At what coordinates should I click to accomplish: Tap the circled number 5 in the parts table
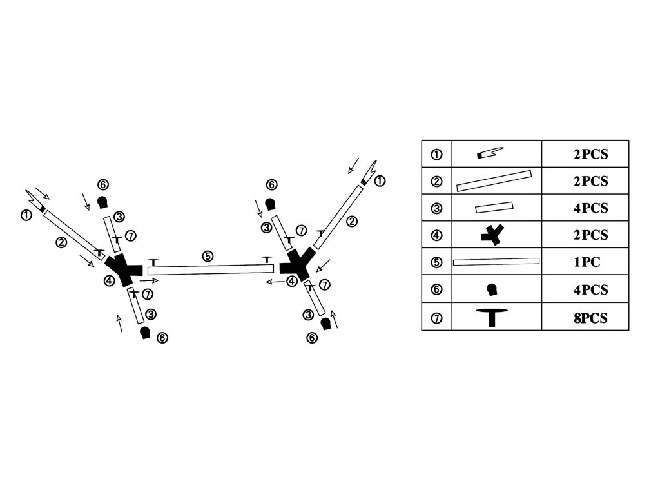(x=436, y=262)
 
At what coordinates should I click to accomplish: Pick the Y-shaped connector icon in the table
(x=492, y=235)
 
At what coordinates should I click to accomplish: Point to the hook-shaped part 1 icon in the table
(x=490, y=153)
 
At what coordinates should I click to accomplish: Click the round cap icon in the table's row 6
(x=492, y=289)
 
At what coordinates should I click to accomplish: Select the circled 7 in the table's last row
(x=436, y=318)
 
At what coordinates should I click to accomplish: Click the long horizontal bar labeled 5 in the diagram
(x=211, y=269)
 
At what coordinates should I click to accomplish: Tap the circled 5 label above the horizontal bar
(x=208, y=256)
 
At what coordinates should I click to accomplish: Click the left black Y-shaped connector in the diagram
(x=123, y=270)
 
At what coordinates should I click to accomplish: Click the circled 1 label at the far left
(x=26, y=215)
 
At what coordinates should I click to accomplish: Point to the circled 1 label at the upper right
(x=379, y=181)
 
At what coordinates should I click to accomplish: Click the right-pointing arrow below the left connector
(x=149, y=280)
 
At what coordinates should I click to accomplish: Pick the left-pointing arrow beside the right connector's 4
(x=275, y=282)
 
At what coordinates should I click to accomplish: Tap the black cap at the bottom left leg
(x=145, y=333)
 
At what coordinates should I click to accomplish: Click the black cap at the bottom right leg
(x=325, y=324)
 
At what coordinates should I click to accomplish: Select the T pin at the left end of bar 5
(x=153, y=262)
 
